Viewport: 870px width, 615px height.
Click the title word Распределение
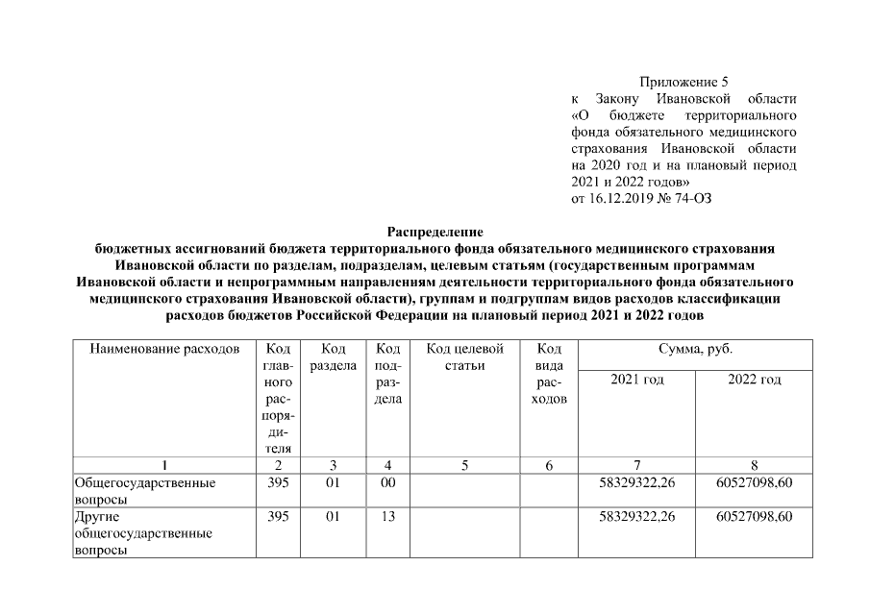(x=434, y=233)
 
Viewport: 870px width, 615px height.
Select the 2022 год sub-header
(x=755, y=380)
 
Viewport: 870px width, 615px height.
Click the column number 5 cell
(x=464, y=465)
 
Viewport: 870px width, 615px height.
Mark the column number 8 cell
(x=755, y=465)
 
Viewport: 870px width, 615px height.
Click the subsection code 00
(x=387, y=482)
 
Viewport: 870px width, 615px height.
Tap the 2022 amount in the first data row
(x=755, y=482)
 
